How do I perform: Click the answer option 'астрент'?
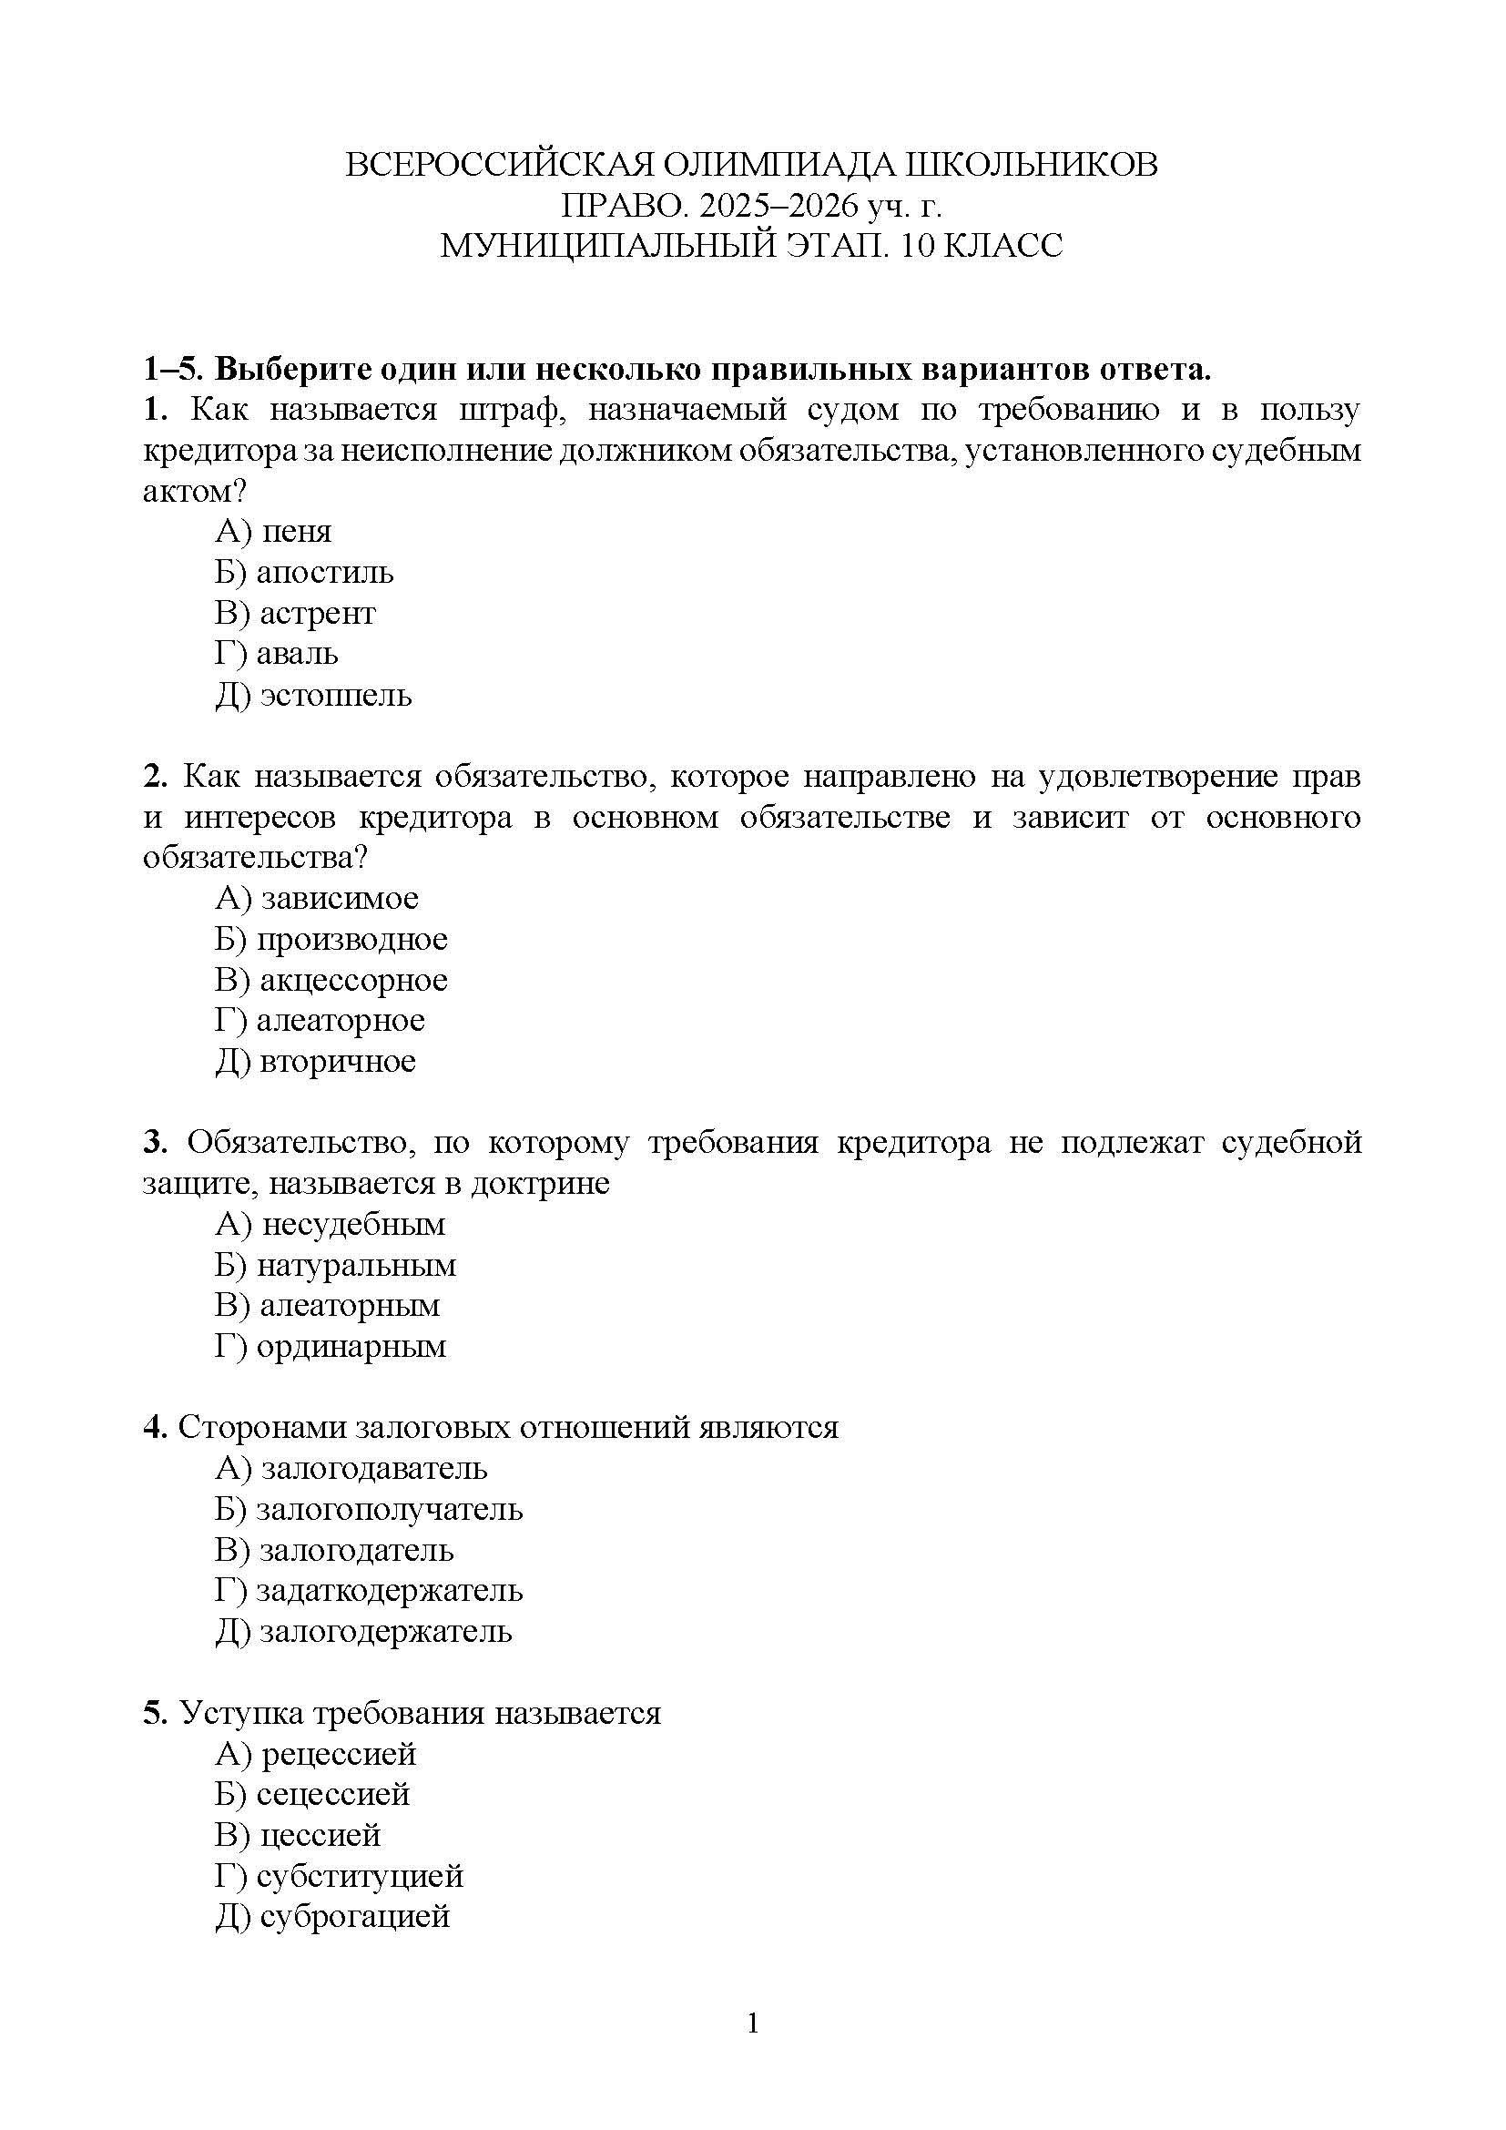coord(317,614)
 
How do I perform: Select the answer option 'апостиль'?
coord(324,574)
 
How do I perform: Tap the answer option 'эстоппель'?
coord(336,696)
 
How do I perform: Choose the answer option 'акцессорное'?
coord(353,981)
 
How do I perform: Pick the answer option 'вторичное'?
coord(338,1062)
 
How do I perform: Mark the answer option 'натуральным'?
coord(356,1267)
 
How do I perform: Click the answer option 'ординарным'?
coord(351,1347)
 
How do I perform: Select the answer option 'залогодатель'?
coord(356,1551)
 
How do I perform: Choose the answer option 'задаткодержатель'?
coord(390,1592)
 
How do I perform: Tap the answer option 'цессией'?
coord(320,1836)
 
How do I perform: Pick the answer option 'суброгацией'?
coord(355,1918)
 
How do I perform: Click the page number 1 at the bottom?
coord(753,2023)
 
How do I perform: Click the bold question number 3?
coord(155,1143)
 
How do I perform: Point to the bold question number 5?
coord(155,1714)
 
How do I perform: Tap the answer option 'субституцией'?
coord(360,1877)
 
